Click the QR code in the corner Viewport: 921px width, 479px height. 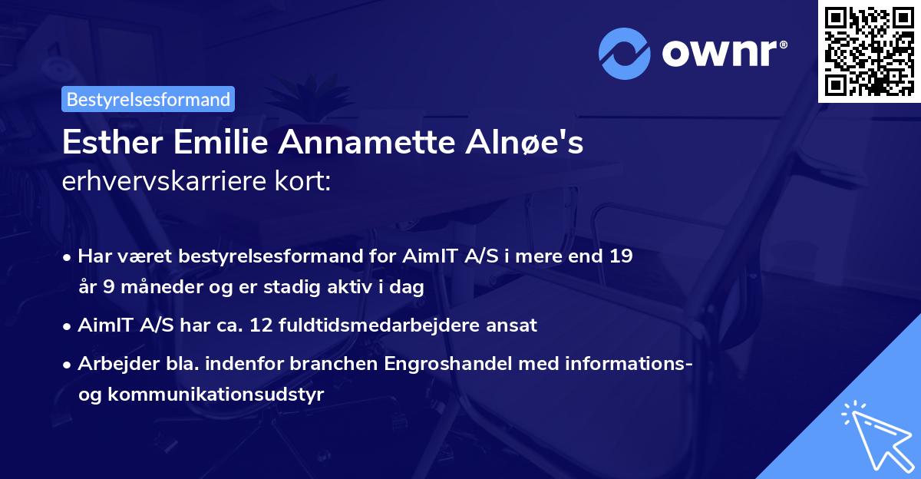pos(870,51)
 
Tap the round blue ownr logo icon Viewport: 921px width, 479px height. pos(625,53)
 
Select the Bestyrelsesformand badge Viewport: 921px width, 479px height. pos(148,99)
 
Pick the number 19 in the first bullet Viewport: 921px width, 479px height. pos(622,256)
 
